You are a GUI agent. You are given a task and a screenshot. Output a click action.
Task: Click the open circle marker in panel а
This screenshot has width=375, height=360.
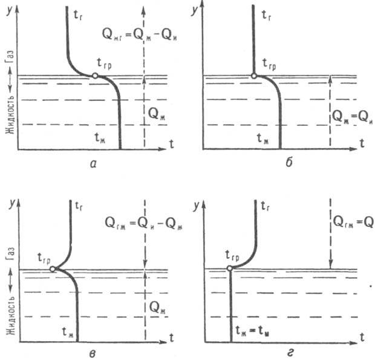pos(95,76)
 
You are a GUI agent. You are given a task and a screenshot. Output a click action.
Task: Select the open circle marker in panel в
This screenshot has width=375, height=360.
pos(53,269)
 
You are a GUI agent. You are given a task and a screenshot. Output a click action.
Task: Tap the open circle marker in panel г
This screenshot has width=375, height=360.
pos(229,269)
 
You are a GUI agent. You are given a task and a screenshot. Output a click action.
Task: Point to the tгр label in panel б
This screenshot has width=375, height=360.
pos(270,62)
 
